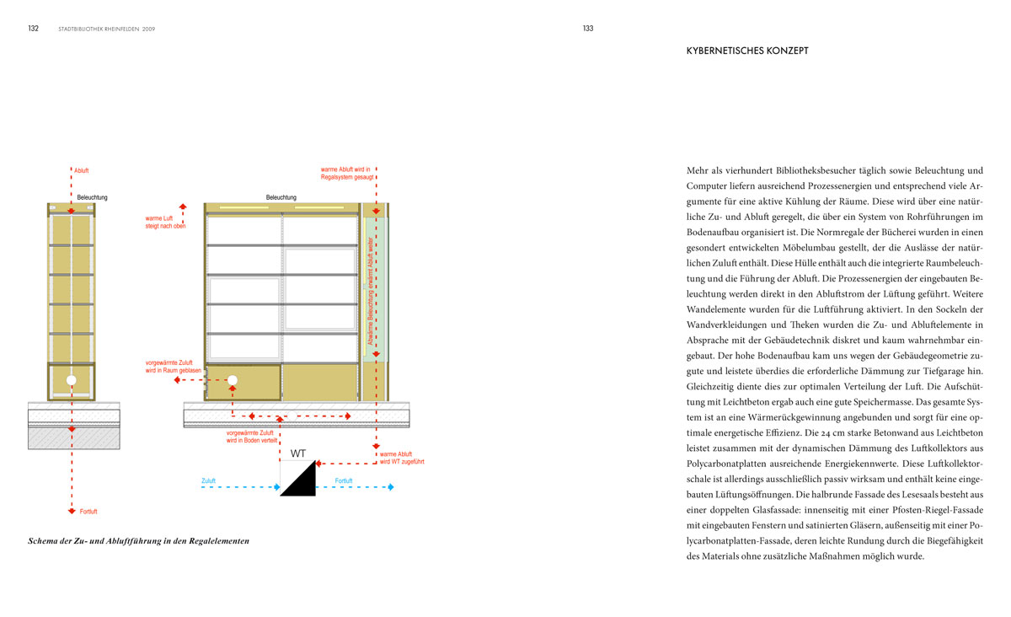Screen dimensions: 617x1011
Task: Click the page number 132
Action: coord(34,28)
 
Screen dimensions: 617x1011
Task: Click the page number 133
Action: coord(588,28)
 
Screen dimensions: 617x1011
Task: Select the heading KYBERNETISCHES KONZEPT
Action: coord(748,51)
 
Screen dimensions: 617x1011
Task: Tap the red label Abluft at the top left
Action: coord(82,171)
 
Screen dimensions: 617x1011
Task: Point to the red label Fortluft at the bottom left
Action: coord(88,512)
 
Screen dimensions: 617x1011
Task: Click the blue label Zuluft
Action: coord(208,481)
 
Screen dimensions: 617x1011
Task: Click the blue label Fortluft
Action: coord(344,481)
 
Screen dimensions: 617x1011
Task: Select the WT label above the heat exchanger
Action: coord(297,453)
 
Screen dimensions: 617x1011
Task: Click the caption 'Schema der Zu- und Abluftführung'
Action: coord(139,540)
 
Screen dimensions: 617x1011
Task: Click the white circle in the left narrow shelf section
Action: coord(71,381)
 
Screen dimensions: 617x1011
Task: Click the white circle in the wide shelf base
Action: coord(233,381)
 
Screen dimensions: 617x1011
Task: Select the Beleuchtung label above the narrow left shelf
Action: coord(92,198)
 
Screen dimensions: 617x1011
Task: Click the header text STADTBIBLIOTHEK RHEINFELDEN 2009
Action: coord(106,29)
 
